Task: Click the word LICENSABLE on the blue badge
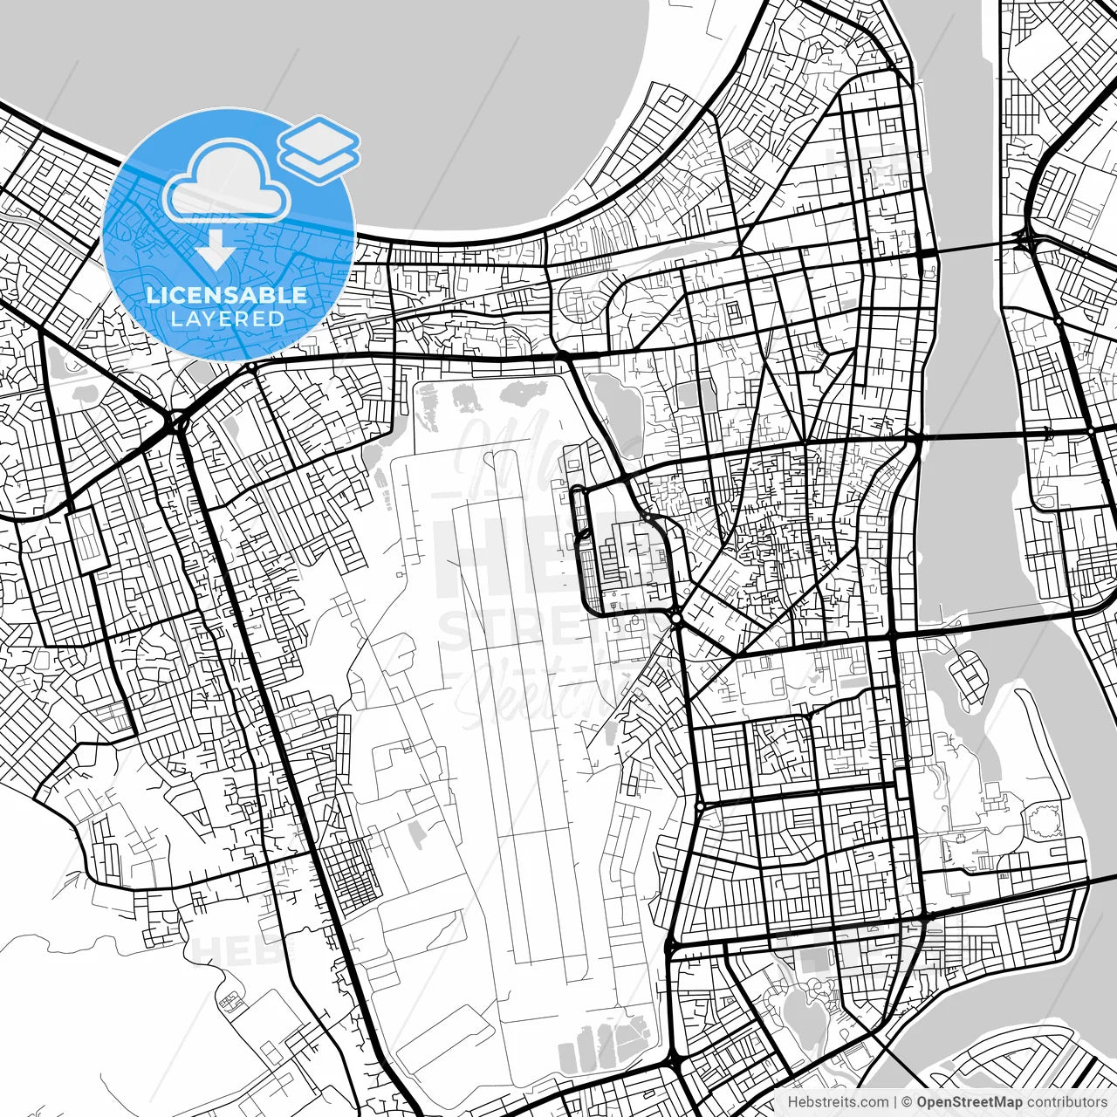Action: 227,295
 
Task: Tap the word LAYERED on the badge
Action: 227,319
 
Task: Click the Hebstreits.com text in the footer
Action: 838,1102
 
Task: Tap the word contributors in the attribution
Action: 1062,1102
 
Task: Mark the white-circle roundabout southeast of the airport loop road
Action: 676,618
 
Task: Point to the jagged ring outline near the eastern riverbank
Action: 1042,820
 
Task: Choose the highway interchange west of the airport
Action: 178,424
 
